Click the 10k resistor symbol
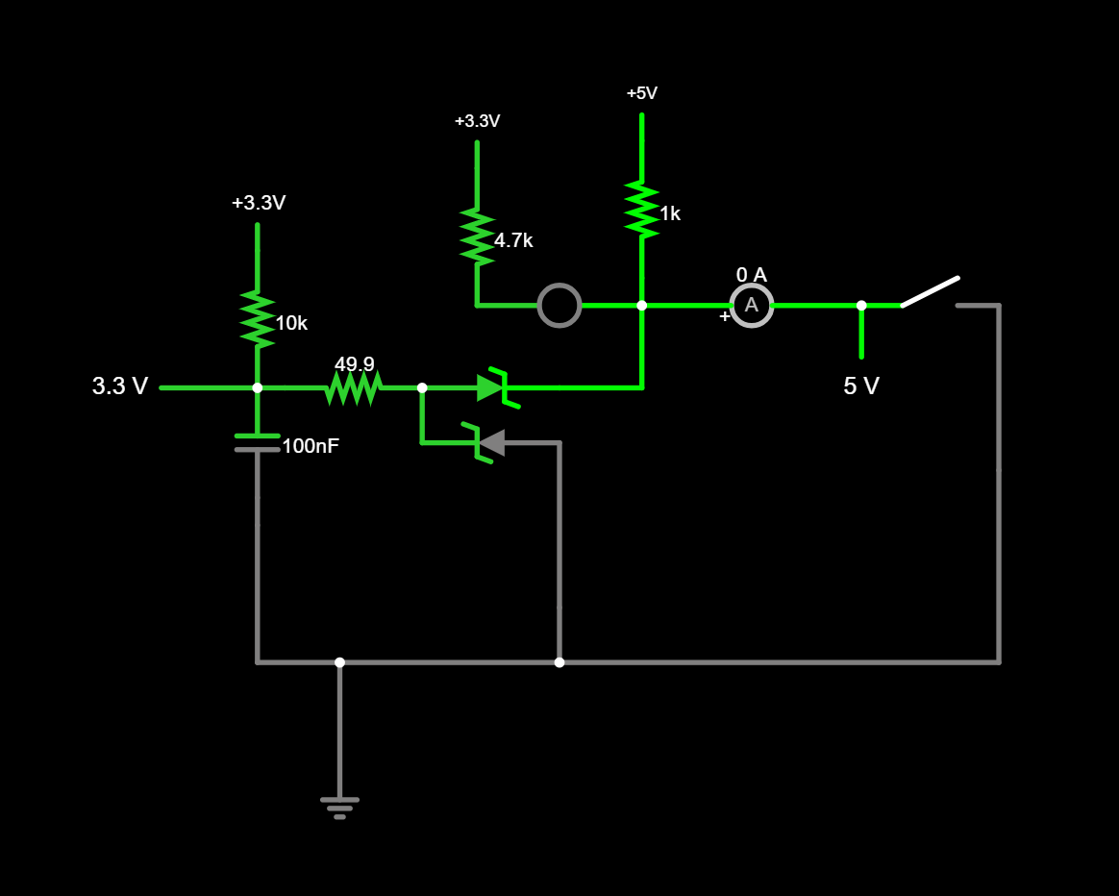(257, 318)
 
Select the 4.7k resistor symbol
(477, 236)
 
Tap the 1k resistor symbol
(641, 209)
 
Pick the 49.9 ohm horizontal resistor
(354, 387)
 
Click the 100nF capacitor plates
(257, 442)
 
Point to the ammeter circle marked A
(751, 305)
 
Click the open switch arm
(930, 291)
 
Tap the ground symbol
(339, 806)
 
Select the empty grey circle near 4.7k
(559, 305)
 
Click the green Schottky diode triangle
(490, 387)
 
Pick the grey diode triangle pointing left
(492, 442)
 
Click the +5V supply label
(641, 93)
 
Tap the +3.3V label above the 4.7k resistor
(477, 121)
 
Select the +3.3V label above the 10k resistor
(258, 203)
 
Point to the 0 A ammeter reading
(751, 275)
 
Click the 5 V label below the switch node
(860, 386)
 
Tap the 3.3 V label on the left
(120, 386)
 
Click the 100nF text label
(310, 446)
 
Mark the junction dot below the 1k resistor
(641, 305)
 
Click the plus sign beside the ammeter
(724, 316)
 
